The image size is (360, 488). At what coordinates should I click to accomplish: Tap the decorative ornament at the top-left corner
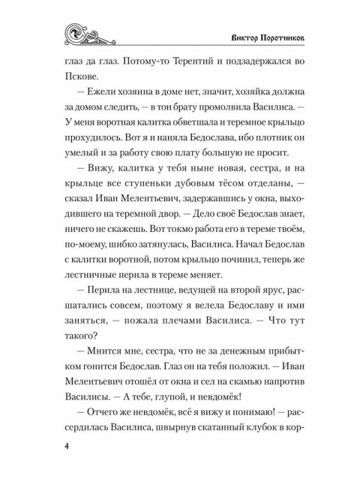point(87,33)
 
